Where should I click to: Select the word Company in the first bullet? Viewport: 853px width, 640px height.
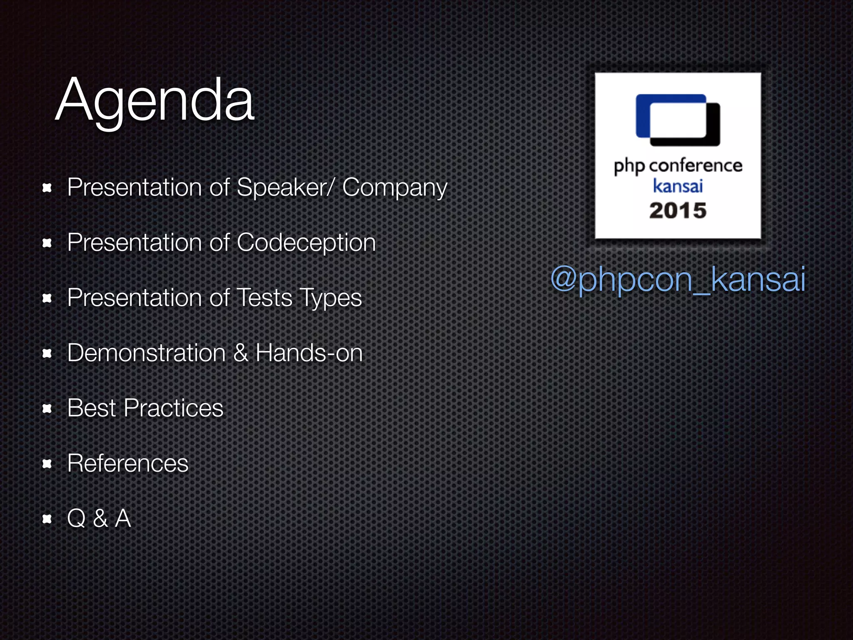click(394, 188)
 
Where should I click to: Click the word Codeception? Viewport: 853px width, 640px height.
click(306, 242)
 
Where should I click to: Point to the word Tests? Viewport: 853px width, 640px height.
click(264, 298)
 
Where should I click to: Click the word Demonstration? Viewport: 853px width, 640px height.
click(146, 353)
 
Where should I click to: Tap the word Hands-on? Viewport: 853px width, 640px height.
click(309, 353)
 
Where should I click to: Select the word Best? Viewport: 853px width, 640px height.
click(91, 408)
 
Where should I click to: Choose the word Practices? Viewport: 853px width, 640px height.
click(174, 408)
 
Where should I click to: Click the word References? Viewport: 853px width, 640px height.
click(127, 463)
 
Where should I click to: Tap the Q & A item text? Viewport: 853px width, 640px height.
click(99, 519)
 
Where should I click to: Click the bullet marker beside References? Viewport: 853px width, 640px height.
click(47, 464)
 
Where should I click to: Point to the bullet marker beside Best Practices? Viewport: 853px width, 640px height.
click(47, 409)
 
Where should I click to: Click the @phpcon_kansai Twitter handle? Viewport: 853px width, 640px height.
click(678, 279)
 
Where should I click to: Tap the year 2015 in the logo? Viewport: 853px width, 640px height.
click(678, 210)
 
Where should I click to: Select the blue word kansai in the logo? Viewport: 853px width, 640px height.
click(678, 186)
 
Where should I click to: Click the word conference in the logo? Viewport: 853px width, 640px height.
click(696, 166)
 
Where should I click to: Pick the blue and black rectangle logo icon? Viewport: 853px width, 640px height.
click(678, 120)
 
